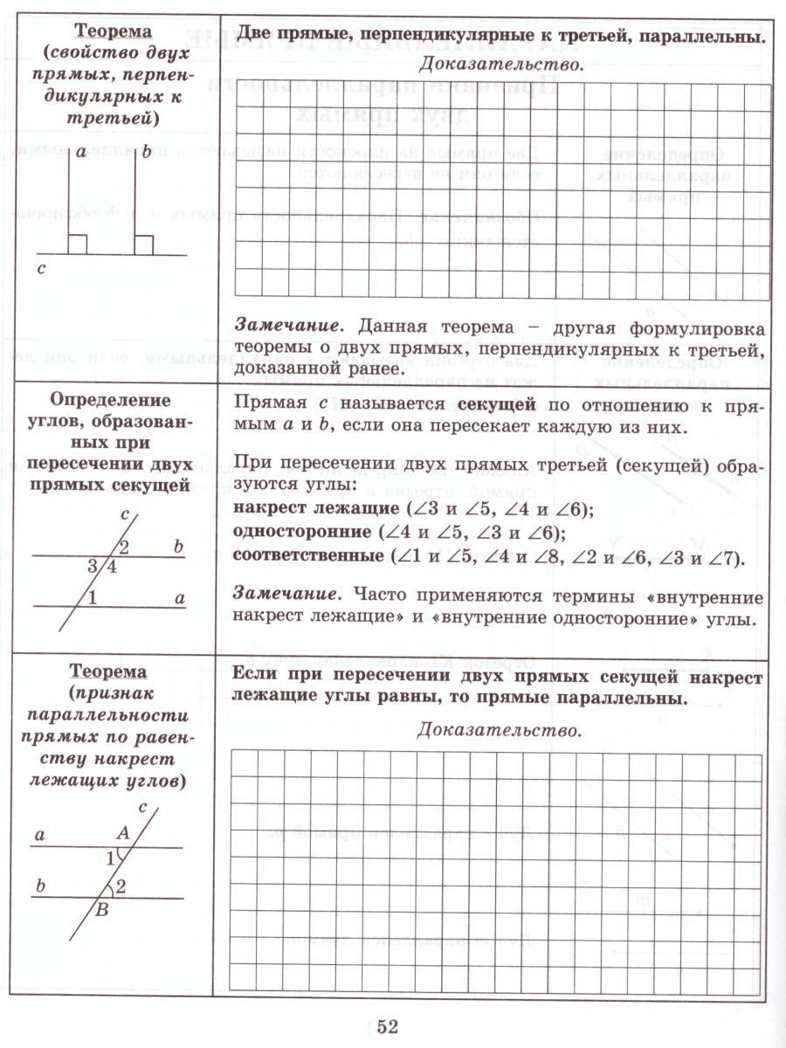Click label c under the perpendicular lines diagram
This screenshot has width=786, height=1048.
[41, 271]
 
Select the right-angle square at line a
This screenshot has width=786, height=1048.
[78, 245]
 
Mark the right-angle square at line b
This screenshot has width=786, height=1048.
[144, 245]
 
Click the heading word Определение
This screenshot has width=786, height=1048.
[110, 400]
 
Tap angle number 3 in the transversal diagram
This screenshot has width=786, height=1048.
[91, 567]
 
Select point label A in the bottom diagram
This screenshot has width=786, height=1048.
[123, 834]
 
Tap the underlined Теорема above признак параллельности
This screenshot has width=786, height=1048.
[108, 672]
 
